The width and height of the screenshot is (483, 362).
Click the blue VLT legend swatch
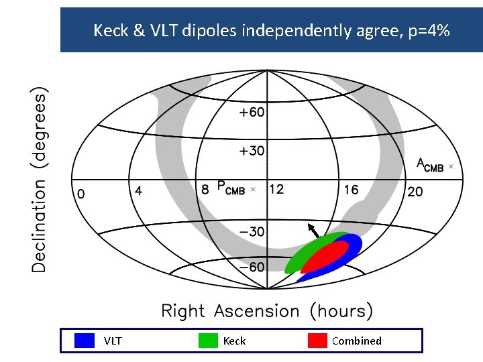pyautogui.click(x=85, y=341)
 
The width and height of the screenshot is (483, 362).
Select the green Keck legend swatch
pyautogui.click(x=209, y=341)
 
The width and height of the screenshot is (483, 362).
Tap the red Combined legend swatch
pyautogui.click(x=317, y=341)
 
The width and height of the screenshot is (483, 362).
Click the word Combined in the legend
pyautogui.click(x=356, y=341)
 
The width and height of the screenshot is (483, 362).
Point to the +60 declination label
pyautogui.click(x=252, y=113)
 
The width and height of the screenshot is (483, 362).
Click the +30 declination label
pyautogui.click(x=252, y=151)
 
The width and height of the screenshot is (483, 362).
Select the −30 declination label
pyautogui.click(x=252, y=232)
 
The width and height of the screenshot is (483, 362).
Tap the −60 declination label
pyautogui.click(x=252, y=267)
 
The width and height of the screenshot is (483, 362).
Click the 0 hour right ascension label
pyautogui.click(x=81, y=194)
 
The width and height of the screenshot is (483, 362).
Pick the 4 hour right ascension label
pyautogui.click(x=138, y=190)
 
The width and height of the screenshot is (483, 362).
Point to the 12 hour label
pyautogui.click(x=276, y=189)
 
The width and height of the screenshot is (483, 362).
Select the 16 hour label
pyautogui.click(x=351, y=190)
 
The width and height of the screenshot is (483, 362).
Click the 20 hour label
pyautogui.click(x=415, y=192)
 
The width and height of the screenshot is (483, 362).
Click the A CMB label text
pyautogui.click(x=430, y=165)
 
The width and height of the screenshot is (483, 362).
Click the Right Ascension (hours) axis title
pyautogui.click(x=267, y=311)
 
